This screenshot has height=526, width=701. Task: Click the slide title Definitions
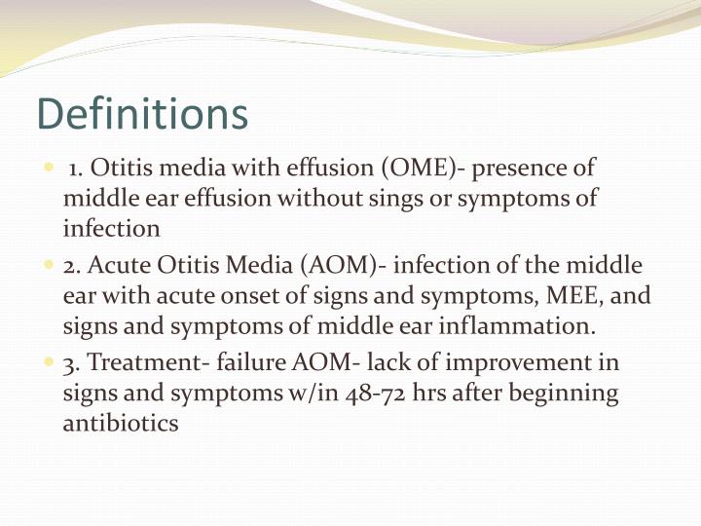(142, 114)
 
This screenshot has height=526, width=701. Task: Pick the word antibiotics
(121, 425)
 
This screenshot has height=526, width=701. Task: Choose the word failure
(250, 363)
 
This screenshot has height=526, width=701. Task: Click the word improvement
(512, 363)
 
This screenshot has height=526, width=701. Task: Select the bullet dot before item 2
(50, 265)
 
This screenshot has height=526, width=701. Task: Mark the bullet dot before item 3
(50, 363)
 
